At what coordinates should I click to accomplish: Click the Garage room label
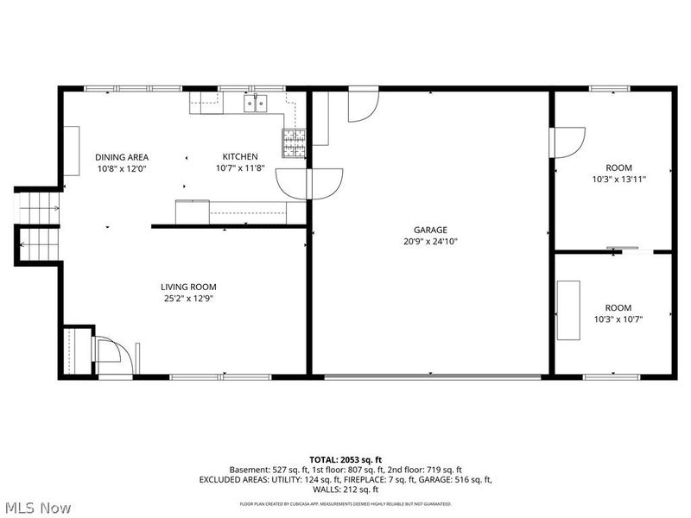tap(429, 230)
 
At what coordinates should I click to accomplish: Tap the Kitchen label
tap(240, 156)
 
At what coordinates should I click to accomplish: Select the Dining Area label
tap(122, 156)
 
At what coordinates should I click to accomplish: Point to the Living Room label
tap(188, 287)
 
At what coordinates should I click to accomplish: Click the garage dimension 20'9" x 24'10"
tap(429, 242)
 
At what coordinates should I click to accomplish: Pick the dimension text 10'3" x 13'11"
tap(618, 180)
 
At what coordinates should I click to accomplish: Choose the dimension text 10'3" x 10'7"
tap(618, 319)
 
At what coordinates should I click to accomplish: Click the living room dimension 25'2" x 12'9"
tap(188, 299)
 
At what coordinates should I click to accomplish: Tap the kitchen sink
tap(256, 104)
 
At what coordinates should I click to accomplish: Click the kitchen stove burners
tap(294, 142)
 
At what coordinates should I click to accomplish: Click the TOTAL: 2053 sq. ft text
tap(345, 459)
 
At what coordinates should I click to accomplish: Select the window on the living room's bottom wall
tap(220, 376)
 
